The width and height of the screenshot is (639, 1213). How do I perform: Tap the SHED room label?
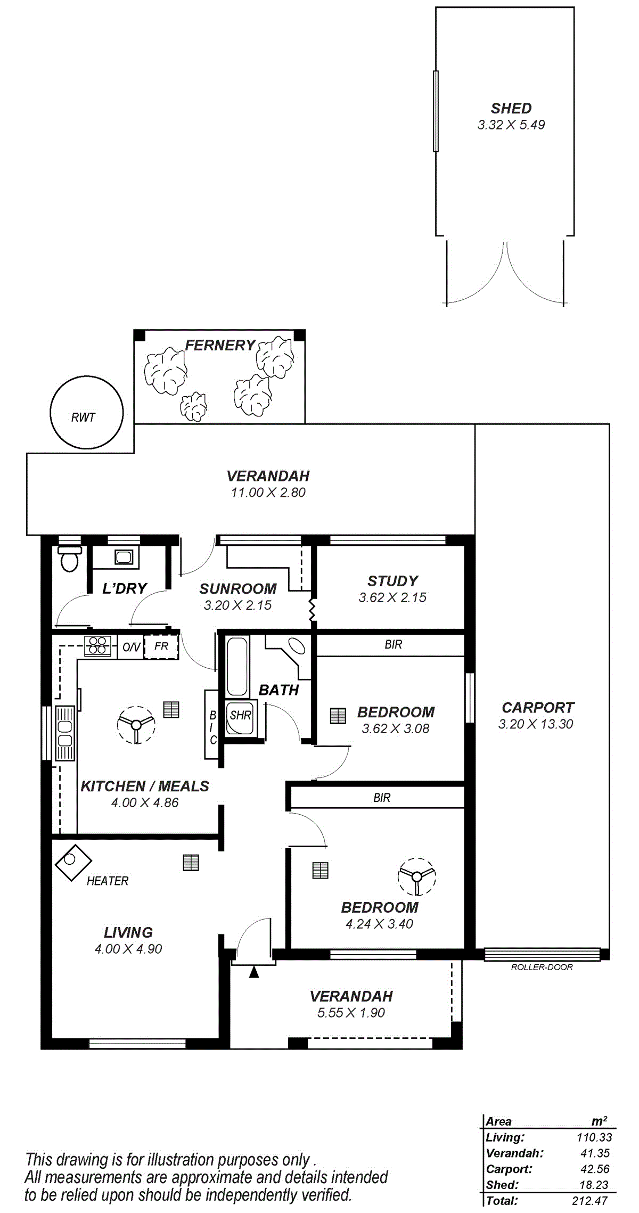[511, 109]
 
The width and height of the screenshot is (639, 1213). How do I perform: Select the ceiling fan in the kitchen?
[136, 725]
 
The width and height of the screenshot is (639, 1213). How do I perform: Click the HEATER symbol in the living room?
[73, 863]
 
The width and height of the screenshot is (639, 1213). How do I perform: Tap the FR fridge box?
[161, 646]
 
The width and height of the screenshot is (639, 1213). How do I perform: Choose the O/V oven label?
[131, 647]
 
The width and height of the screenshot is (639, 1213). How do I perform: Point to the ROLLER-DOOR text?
[542, 967]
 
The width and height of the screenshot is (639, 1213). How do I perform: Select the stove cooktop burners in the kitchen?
[97, 645]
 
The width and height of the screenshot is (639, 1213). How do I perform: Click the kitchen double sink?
[65, 733]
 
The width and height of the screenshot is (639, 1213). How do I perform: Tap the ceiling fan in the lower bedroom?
[417, 876]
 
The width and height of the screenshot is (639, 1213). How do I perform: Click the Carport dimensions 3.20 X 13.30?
[536, 724]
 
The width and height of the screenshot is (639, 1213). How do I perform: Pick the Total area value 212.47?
[589, 1201]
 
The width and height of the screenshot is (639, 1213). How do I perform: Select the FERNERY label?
[220, 346]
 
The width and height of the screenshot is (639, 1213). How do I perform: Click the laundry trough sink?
[124, 557]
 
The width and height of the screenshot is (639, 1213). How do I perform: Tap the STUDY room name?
[393, 581]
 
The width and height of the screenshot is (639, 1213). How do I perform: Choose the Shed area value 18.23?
[594, 1185]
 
